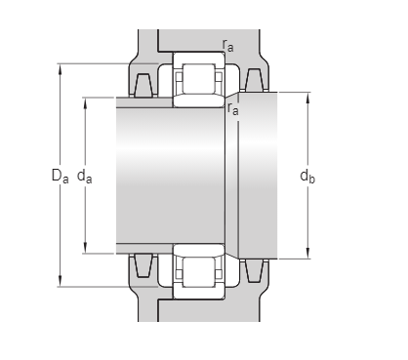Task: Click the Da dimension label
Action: point(61,176)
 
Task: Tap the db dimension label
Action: point(307,177)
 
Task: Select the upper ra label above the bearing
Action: point(227,45)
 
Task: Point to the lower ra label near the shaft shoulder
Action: point(233,108)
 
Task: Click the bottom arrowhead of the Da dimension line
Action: point(60,281)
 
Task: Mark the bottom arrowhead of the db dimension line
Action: point(307,254)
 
